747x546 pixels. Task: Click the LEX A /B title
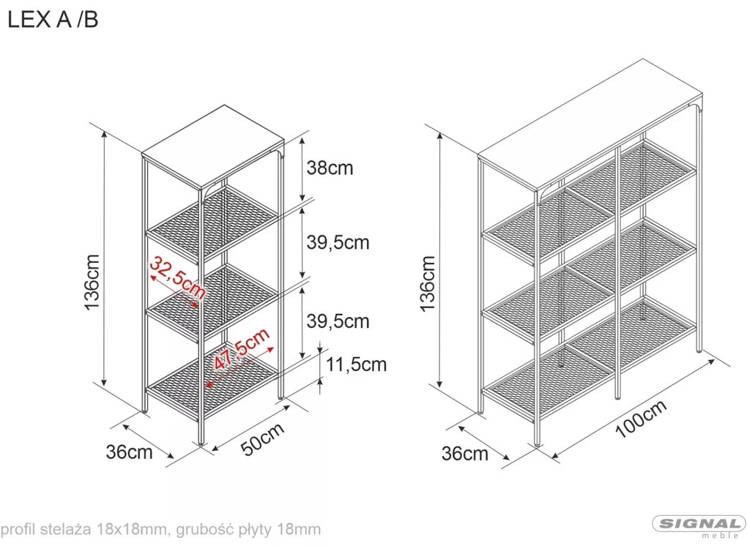(53, 20)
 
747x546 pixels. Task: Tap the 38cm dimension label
(330, 168)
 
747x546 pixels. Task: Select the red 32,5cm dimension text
(176, 278)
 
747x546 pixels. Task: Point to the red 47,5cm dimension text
(242, 349)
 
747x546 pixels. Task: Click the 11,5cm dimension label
(356, 364)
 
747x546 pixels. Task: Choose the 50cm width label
(262, 439)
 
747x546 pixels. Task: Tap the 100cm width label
(642, 419)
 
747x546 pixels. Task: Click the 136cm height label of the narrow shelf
(92, 283)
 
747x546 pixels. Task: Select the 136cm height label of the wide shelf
(428, 283)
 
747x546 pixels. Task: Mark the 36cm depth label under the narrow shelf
(129, 452)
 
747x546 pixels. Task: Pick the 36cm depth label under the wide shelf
(465, 454)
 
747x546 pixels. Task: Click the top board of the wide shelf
(590, 123)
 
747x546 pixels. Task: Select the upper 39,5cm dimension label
(338, 243)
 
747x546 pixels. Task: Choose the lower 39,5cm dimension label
(338, 321)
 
